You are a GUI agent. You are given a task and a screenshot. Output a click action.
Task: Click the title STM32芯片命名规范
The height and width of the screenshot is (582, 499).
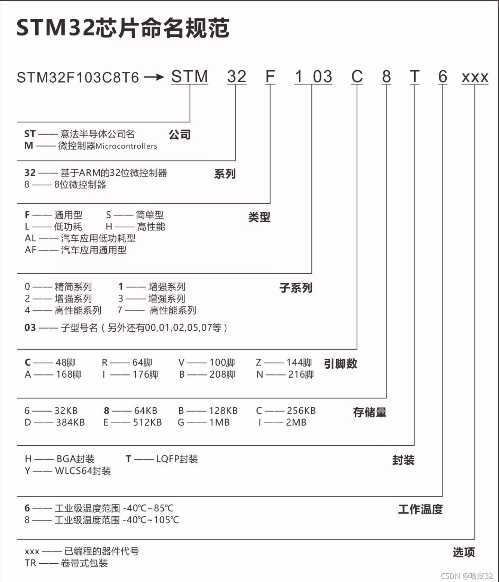123,28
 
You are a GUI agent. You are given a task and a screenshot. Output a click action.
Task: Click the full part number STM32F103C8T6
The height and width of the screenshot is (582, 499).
78,77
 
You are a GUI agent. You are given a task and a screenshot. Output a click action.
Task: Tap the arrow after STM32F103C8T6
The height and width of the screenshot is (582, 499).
154,77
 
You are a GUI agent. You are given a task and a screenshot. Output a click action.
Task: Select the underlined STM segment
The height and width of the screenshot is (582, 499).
190,76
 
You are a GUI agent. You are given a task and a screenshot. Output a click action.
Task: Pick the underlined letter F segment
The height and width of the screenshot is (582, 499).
270,76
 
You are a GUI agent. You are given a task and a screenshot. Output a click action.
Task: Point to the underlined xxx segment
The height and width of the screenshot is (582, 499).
475,77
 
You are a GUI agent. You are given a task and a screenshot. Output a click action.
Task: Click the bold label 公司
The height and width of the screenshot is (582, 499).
180,135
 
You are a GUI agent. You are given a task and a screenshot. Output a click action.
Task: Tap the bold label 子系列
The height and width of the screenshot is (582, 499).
296,288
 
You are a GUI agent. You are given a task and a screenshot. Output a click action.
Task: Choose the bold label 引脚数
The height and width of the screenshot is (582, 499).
341,363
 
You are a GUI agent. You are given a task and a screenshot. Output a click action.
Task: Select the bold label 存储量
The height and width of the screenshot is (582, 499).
370,412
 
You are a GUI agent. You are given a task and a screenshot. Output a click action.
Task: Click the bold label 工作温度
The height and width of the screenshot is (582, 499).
420,509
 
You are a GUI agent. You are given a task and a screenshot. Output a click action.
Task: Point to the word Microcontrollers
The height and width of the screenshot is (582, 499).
126,146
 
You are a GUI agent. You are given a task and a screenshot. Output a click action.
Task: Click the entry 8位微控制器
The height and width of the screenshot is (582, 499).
80,185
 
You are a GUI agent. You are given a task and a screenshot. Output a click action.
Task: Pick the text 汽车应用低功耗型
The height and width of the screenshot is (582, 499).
98,238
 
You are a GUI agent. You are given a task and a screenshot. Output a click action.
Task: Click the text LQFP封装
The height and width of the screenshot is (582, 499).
177,459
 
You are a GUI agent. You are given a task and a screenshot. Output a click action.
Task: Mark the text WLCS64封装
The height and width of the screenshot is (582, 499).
83,471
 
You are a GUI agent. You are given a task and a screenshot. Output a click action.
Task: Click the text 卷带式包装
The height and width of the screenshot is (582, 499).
84,563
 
